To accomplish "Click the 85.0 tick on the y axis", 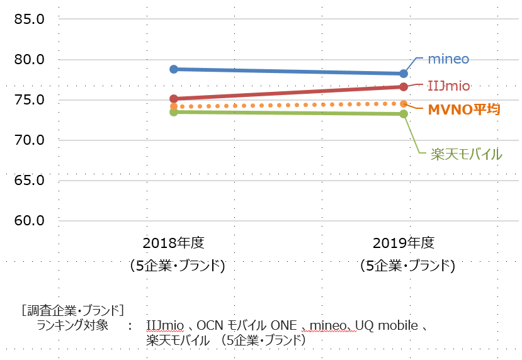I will [x=28, y=19].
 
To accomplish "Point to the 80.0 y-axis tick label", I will [x=28, y=60].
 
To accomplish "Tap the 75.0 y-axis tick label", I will [x=28, y=100].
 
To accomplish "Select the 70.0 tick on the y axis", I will [x=28, y=140].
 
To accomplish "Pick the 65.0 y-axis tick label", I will [x=28, y=181].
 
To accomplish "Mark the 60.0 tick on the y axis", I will [x=28, y=221].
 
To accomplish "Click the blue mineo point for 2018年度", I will [x=174, y=69].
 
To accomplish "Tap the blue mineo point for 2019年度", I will [x=404, y=74].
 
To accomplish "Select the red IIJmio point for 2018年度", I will [x=174, y=99].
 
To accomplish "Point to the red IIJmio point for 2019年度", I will [x=404, y=86].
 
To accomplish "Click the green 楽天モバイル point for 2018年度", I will [x=174, y=112].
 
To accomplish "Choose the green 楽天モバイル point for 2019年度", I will [x=404, y=114].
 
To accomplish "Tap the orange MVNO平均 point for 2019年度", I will [x=404, y=103].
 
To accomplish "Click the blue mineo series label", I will [x=448, y=59].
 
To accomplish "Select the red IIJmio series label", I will [x=448, y=86].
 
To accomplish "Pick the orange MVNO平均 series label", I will [x=463, y=110].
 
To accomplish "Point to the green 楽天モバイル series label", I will [x=466, y=153].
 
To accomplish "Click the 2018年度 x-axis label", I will [x=174, y=244].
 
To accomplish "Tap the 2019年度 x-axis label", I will [x=404, y=244].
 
